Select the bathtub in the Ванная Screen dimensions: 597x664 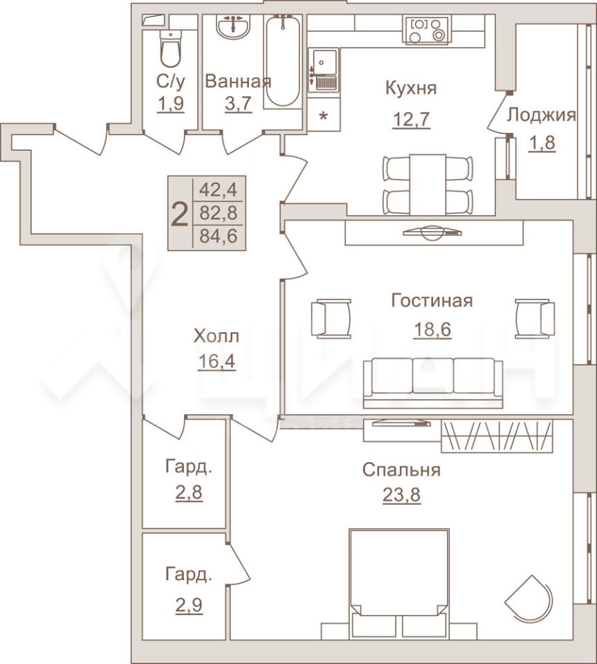pos(283,61)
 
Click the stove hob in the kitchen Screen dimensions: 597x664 pos(428,30)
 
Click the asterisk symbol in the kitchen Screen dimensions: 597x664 pos(323,116)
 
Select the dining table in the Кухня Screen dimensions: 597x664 pos(428,185)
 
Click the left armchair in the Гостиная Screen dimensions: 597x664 pos(331,318)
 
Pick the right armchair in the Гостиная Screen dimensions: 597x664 pos(535,318)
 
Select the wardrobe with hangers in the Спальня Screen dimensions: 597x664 pos(497,436)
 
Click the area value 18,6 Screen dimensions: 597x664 pos(432,329)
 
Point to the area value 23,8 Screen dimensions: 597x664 pos(401,494)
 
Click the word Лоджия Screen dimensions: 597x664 pos(542,115)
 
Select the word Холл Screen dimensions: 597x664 pos(216,336)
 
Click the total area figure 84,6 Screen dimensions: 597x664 pos(218,237)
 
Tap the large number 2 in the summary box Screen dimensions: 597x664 pos(180,214)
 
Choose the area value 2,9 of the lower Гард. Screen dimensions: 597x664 pos(189,605)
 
